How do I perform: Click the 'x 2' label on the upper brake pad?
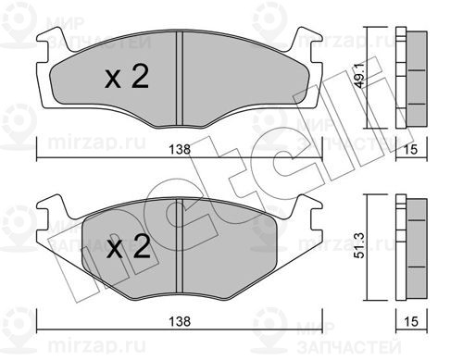coord(127,77)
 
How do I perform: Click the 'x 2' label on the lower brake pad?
coord(129,246)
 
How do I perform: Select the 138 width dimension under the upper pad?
coord(180,149)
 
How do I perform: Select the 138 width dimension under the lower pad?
coord(180,321)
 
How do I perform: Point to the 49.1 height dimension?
coord(360,76)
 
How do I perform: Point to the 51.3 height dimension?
coord(360,246)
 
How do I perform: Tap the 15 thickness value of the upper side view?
coord(411,149)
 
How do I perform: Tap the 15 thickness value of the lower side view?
coord(411,321)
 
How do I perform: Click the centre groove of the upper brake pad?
coord(180,79)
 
